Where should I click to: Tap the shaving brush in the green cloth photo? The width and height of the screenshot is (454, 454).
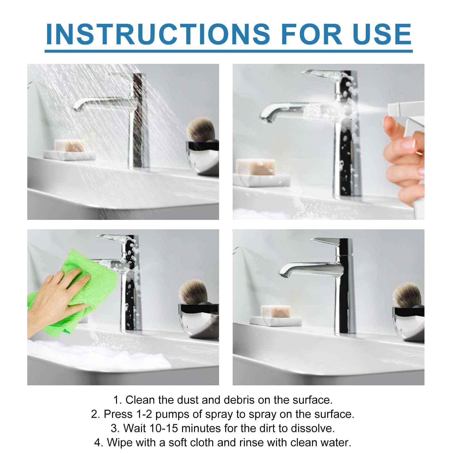tap(193, 292)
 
